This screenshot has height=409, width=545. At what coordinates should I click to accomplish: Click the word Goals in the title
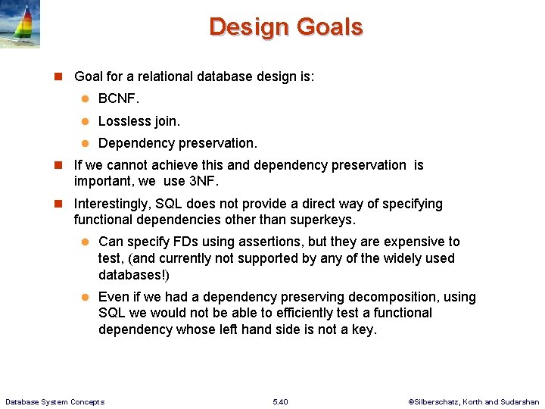(x=330, y=27)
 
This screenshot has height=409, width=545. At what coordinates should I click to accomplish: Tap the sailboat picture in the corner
(x=20, y=24)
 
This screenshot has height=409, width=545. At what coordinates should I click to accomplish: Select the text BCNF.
(x=119, y=99)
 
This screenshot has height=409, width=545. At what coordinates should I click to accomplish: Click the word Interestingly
(x=115, y=204)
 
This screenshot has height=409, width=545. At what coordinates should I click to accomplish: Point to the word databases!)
(x=134, y=275)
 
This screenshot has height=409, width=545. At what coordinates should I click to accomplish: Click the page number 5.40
(x=279, y=401)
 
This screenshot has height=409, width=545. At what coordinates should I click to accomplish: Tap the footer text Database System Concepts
(x=54, y=401)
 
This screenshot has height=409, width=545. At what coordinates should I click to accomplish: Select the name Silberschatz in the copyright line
(x=440, y=401)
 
